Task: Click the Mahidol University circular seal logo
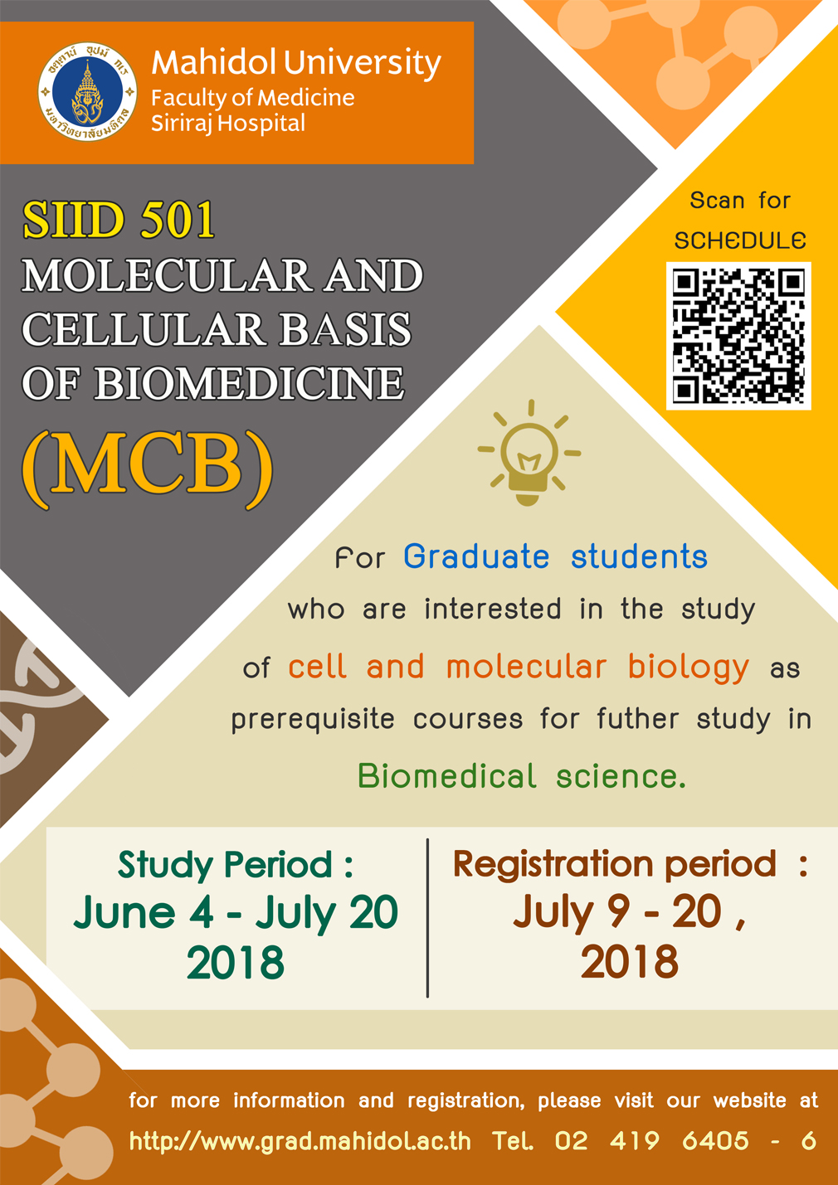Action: pyautogui.click(x=87, y=92)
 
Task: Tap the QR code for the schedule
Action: pyautogui.click(x=738, y=336)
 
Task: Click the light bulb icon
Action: pyautogui.click(x=529, y=452)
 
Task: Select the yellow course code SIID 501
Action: pyautogui.click(x=119, y=220)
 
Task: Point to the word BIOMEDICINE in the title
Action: pyautogui.click(x=250, y=383)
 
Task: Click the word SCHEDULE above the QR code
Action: pyautogui.click(x=740, y=240)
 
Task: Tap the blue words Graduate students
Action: pyautogui.click(x=555, y=556)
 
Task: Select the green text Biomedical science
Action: pyautogui.click(x=522, y=777)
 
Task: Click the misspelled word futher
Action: pyautogui.click(x=637, y=719)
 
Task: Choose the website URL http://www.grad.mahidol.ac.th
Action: pyautogui.click(x=300, y=1141)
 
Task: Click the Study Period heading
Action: pyautogui.click(x=236, y=866)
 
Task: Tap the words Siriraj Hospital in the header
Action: pyautogui.click(x=228, y=124)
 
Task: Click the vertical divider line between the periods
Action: pyautogui.click(x=428, y=918)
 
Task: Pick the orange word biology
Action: pyautogui.click(x=688, y=668)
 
